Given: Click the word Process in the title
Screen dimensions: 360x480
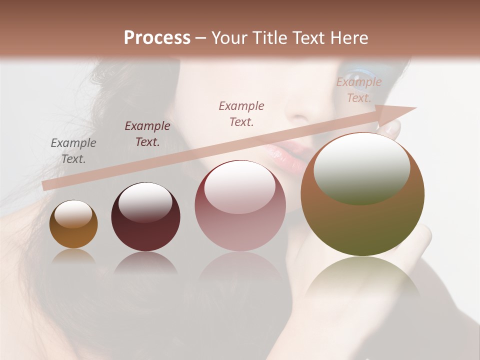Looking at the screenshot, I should pyautogui.click(x=157, y=38).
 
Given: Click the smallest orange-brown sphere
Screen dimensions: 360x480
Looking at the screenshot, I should pyautogui.click(x=73, y=224).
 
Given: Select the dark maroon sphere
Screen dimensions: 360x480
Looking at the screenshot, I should pyautogui.click(x=145, y=217).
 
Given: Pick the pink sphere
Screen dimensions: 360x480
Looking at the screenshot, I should pyautogui.click(x=240, y=206).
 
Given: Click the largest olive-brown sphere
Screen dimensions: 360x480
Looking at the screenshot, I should pyautogui.click(x=362, y=195).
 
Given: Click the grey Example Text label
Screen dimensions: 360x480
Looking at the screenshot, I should pyautogui.click(x=73, y=151).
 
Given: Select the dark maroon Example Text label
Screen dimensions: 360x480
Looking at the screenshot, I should pyautogui.click(x=147, y=134).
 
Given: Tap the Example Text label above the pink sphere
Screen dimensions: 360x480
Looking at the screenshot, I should pyautogui.click(x=241, y=113).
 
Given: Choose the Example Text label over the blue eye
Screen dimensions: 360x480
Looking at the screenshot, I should pyautogui.click(x=358, y=90).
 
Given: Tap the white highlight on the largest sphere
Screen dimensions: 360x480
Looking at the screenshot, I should pyautogui.click(x=361, y=167).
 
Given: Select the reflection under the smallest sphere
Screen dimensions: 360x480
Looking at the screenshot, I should pyautogui.click(x=73, y=257).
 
